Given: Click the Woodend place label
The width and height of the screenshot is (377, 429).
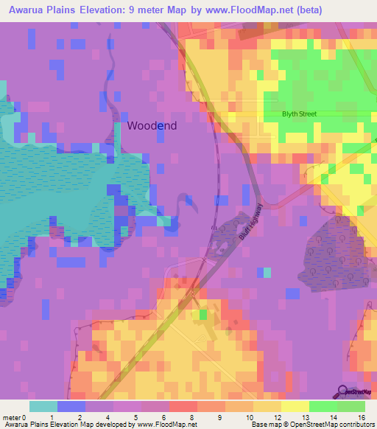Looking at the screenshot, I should (x=152, y=125).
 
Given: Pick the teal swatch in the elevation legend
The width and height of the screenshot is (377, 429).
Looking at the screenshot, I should (x=43, y=406).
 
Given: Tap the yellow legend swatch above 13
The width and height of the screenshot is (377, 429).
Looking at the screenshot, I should (x=295, y=406).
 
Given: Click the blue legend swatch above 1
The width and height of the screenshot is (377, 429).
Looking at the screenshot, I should (x=71, y=406).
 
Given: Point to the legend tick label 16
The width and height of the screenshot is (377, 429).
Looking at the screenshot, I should (x=360, y=418).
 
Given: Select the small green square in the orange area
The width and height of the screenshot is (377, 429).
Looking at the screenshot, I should (x=202, y=315).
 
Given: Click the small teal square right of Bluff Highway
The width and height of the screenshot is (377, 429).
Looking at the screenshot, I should (x=267, y=273).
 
